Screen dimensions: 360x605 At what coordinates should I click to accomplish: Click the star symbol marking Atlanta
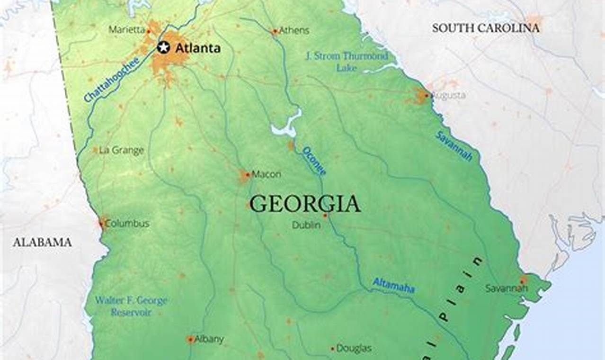pos(163,47)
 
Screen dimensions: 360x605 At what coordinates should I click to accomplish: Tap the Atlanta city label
pos(197,48)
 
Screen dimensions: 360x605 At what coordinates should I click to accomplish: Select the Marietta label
pos(126,30)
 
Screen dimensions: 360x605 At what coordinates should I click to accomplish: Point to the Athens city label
pos(294,31)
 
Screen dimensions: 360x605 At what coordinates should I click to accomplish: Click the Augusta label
pos(448,96)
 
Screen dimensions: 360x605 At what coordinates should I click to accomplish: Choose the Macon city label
pos(266,174)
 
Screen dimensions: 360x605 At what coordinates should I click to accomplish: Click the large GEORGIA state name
pos(305,204)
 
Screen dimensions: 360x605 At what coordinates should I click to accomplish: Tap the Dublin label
pos(306,225)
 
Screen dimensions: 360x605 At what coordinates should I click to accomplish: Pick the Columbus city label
pos(127,223)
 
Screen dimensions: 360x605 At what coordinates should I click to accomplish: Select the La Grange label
pos(121,151)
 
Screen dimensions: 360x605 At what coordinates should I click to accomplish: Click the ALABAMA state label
pos(42,243)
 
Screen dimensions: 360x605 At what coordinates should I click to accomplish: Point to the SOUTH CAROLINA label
pos(485,28)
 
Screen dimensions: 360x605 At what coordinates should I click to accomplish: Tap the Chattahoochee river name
pos(112,80)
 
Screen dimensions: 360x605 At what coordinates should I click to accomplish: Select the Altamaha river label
pos(393,285)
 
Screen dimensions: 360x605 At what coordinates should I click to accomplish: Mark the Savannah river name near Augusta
pos(454,146)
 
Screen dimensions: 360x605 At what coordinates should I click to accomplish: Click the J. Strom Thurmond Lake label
pos(347,62)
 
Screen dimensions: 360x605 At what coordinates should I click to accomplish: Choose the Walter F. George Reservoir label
pos(131,306)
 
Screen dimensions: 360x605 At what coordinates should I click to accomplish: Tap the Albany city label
pos(209,339)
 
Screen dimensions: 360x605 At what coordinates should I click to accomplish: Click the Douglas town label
pos(354,349)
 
